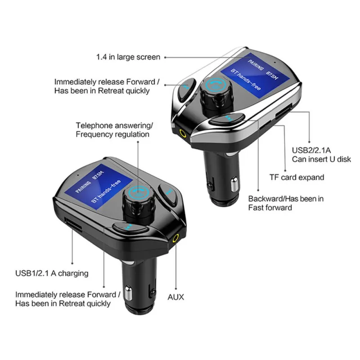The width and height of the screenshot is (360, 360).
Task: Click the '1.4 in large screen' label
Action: [128, 57]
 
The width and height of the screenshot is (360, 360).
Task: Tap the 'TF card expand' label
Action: [297, 177]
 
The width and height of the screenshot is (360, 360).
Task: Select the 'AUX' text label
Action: [176, 297]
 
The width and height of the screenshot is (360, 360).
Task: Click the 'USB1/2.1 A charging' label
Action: [52, 273]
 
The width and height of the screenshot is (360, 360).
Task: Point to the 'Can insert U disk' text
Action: [321, 159]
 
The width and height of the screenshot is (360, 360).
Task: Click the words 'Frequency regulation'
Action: [112, 134]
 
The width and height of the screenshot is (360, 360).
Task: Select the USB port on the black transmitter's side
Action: [72, 224]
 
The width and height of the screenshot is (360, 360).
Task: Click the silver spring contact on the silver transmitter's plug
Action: [234, 184]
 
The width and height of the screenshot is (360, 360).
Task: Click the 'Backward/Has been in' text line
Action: [286, 198]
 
